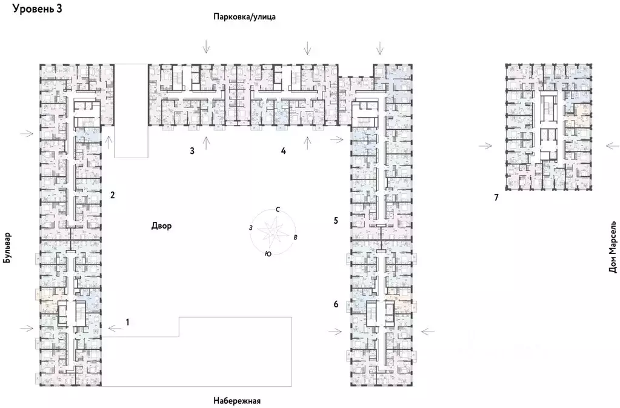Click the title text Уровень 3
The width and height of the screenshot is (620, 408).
37,8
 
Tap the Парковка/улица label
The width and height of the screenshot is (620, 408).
244,17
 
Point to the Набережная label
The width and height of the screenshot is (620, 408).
236,401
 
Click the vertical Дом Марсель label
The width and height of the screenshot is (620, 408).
612,246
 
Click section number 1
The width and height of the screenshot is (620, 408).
127,321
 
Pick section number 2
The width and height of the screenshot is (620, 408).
112,195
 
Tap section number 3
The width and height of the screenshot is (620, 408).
192,151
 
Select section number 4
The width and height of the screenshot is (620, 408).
283,151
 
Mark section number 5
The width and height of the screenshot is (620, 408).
336,221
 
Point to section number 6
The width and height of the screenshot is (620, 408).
336,304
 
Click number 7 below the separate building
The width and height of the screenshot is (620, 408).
496,198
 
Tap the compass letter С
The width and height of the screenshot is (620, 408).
277,209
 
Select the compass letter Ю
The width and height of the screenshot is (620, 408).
267,255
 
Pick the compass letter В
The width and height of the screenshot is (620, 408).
295,237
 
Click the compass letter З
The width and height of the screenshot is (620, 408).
250,227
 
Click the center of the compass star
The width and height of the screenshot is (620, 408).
272,231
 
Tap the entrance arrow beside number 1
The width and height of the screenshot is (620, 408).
115,328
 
